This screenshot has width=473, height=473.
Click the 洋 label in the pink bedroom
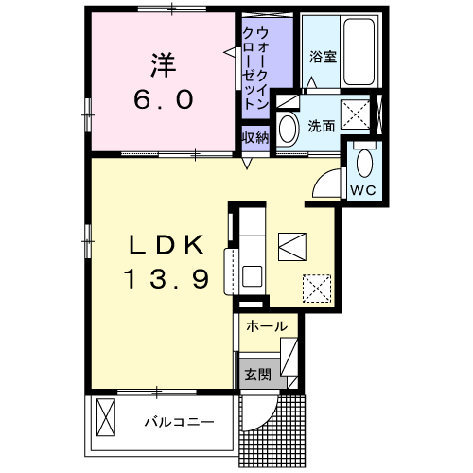163,65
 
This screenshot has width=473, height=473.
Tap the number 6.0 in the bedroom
164,99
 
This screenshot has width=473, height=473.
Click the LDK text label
166,245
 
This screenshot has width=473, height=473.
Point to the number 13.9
166,279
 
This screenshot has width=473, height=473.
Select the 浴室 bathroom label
323,57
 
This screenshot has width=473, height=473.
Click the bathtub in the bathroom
359,51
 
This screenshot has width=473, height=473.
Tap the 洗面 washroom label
321,126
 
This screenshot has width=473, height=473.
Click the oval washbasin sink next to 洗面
288,129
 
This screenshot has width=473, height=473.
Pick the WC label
363,190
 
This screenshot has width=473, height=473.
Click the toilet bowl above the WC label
364,163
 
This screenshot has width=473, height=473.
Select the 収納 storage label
255,137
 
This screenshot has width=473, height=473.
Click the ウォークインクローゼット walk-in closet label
255,69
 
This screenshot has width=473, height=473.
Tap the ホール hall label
267,326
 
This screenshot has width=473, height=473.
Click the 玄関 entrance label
257,375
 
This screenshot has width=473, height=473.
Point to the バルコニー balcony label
179,422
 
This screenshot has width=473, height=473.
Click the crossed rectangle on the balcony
106,417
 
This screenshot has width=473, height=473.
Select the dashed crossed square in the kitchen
317,289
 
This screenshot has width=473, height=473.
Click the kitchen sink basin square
252,276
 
